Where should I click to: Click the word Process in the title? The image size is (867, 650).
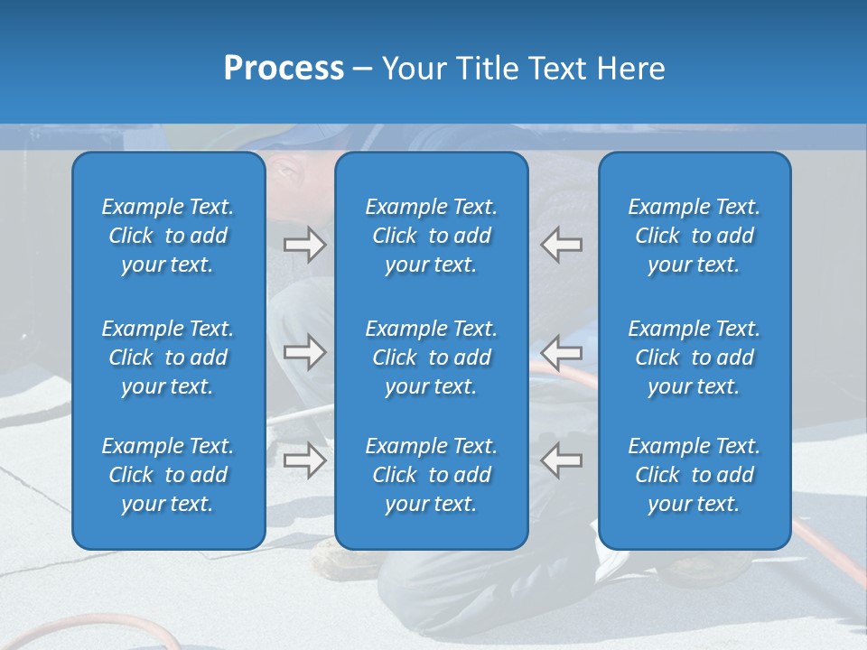[284, 69]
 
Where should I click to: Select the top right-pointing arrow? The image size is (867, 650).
[304, 245]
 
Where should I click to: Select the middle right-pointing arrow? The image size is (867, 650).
[304, 352]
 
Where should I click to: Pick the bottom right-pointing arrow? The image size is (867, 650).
[304, 460]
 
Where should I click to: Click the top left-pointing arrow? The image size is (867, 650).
[562, 245]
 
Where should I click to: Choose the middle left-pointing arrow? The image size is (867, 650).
[562, 352]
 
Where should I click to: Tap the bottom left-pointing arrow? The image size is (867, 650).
[562, 460]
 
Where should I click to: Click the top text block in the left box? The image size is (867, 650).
[168, 236]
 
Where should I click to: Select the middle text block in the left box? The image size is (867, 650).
[168, 357]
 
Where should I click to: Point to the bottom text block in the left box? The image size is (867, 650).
[168, 475]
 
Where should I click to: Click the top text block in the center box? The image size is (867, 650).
[432, 236]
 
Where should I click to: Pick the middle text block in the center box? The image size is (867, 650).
[432, 357]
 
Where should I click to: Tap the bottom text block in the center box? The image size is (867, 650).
[432, 475]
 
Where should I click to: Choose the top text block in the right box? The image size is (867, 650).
[695, 236]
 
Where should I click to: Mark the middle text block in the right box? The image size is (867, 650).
[695, 357]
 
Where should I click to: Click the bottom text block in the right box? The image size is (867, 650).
[695, 475]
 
